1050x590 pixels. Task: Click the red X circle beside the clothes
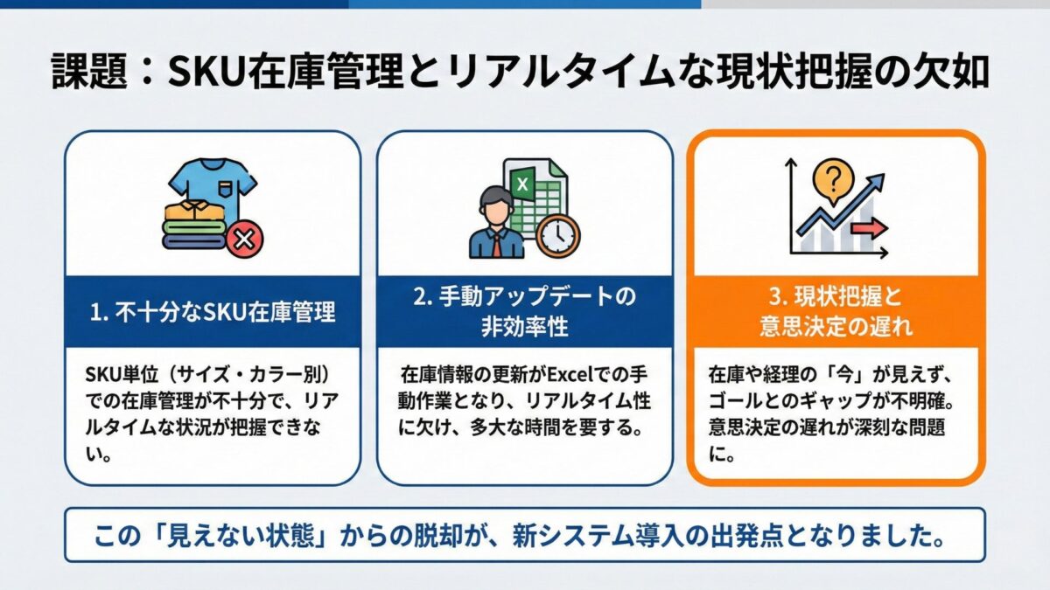click(244, 238)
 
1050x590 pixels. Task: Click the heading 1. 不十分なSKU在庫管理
click(213, 312)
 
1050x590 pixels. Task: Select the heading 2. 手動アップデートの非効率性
click(524, 312)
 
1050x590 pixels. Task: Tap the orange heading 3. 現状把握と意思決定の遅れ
click(836, 312)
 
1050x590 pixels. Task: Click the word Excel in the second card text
click(572, 376)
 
